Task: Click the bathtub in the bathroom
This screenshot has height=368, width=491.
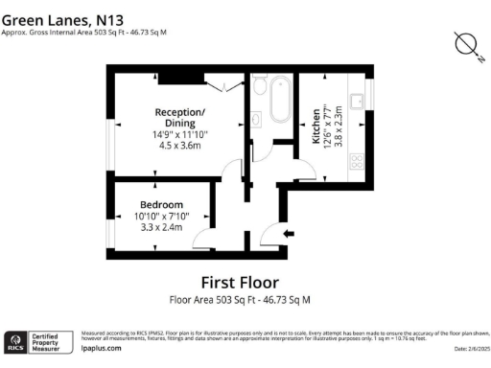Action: click(x=279, y=100)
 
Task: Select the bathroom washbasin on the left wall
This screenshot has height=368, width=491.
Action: click(x=259, y=119)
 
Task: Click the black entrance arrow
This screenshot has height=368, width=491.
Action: click(x=289, y=233)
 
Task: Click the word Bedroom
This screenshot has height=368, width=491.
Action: click(x=162, y=204)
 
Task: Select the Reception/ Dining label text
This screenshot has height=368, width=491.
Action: click(x=180, y=118)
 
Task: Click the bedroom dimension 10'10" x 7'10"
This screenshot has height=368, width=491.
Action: click(x=162, y=217)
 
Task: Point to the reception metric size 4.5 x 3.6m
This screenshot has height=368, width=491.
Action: click(x=180, y=146)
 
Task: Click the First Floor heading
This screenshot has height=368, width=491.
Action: click(x=240, y=283)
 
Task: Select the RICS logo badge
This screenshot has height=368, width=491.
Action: click(x=16, y=340)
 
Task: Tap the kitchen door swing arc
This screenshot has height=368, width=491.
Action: click(x=302, y=170)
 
